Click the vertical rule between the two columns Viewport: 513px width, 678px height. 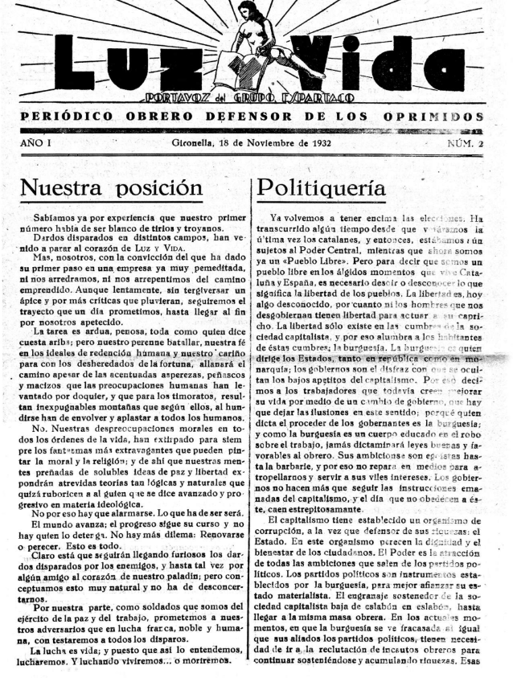255,402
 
